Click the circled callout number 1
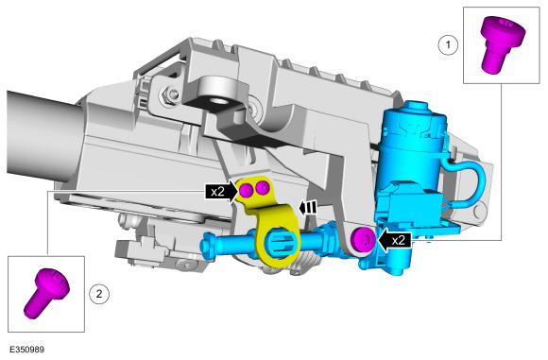click(448, 44)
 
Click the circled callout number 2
click(99, 294)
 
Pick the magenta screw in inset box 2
click(44, 292)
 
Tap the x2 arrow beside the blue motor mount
click(394, 240)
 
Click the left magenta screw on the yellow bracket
click(247, 191)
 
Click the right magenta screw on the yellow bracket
click(262, 189)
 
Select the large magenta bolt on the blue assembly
click(363, 239)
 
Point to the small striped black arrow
click(308, 208)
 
